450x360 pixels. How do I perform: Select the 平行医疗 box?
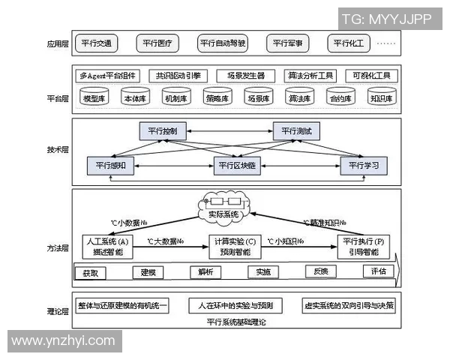157,43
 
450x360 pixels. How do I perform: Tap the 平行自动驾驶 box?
223,43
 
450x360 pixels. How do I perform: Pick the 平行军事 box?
287,43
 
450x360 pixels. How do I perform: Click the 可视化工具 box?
369,76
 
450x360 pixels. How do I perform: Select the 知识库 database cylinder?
377,98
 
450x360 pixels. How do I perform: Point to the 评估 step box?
377,271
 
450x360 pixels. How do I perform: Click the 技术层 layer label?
57,150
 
